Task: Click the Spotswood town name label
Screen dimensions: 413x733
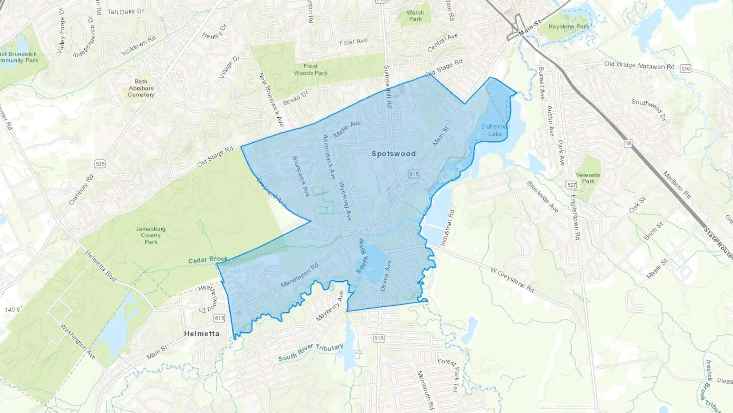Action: click(393, 154)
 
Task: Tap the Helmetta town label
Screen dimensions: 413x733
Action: click(202, 333)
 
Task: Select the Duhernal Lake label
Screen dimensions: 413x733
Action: click(495, 130)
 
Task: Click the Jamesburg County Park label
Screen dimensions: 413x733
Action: click(151, 235)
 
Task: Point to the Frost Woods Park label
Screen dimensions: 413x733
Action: click(310, 69)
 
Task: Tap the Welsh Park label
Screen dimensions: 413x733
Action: click(415, 15)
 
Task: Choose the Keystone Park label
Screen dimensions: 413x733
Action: click(569, 27)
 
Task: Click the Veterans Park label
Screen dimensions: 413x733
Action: click(588, 178)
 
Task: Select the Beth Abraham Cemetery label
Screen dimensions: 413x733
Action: click(141, 88)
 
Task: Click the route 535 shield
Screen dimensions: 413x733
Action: click(100, 164)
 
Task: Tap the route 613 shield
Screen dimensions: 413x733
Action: click(378, 338)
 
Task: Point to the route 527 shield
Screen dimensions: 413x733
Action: click(572, 185)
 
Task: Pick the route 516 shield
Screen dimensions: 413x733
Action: click(686, 69)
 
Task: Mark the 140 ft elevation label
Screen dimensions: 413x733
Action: click(12, 310)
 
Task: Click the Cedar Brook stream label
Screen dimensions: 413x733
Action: click(208, 259)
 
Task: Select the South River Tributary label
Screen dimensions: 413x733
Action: click(311, 352)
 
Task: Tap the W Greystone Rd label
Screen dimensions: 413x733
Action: click(512, 280)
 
